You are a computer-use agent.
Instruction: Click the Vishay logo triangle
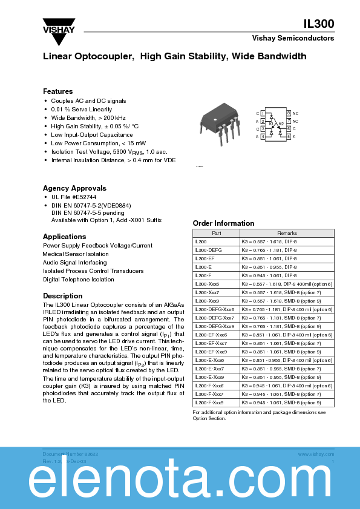coord(58,36)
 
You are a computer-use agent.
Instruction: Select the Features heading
coord(57,91)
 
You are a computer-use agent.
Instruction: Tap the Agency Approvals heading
coord(74,188)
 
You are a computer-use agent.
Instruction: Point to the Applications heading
coord(64,237)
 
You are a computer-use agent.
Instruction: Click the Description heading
coord(63,296)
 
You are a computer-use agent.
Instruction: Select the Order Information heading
coord(223,223)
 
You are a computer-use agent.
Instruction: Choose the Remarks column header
coord(287,233)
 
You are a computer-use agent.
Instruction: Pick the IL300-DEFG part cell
coord(208,249)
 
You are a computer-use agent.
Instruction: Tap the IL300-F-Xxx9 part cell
coord(209,402)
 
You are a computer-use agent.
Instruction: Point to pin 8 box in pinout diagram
coord(289,113)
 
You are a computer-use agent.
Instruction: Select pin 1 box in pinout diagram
coord(263,113)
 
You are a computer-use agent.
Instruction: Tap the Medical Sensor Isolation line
coord(76,254)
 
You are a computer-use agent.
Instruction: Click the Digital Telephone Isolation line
coord(79,280)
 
